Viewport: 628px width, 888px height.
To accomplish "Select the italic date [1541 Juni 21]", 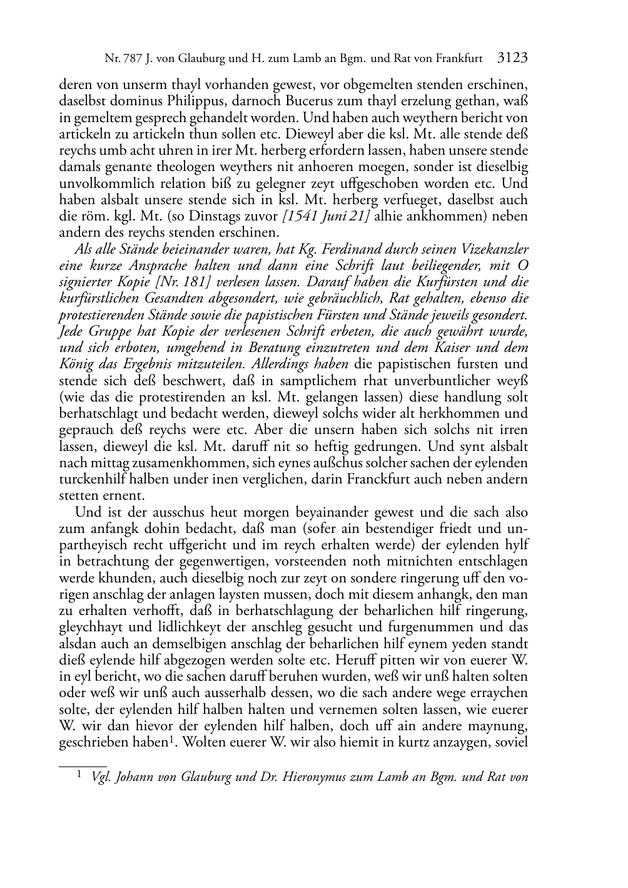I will pyautogui.click(x=326, y=217).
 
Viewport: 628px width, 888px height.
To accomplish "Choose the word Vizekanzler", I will pyautogui.click(x=489, y=249).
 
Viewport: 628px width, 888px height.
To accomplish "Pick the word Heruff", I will pyautogui.click(x=355, y=661).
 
